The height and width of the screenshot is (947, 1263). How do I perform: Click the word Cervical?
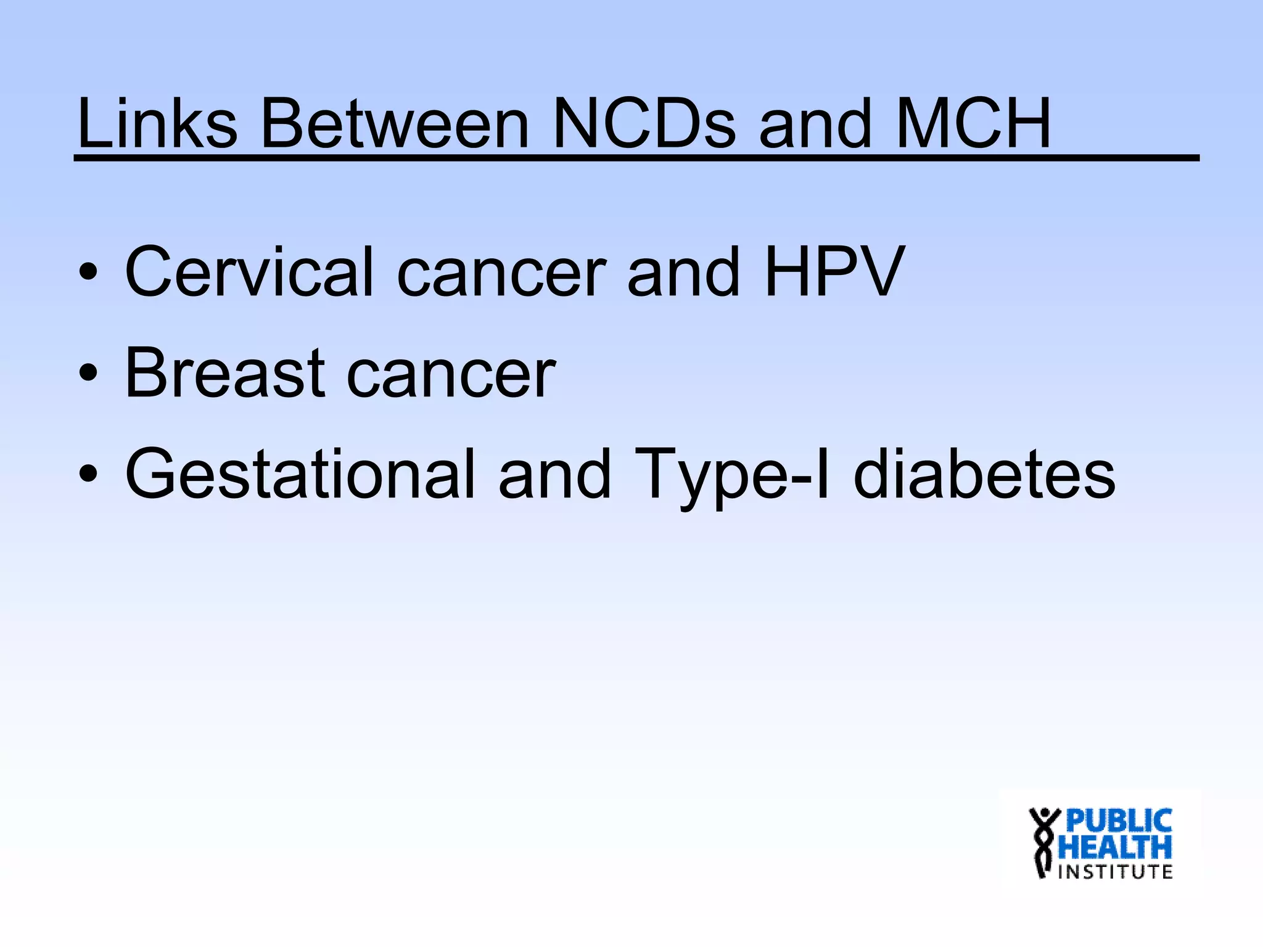(x=249, y=271)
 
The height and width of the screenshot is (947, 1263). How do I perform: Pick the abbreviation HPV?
(x=834, y=271)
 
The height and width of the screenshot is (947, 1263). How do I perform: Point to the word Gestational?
(x=300, y=473)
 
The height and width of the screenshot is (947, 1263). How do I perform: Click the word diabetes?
(x=984, y=473)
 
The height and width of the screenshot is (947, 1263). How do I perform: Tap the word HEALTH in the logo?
(x=1114, y=848)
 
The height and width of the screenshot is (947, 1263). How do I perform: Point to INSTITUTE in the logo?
(x=1115, y=872)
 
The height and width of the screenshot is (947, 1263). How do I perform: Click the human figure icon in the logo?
(x=1043, y=842)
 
